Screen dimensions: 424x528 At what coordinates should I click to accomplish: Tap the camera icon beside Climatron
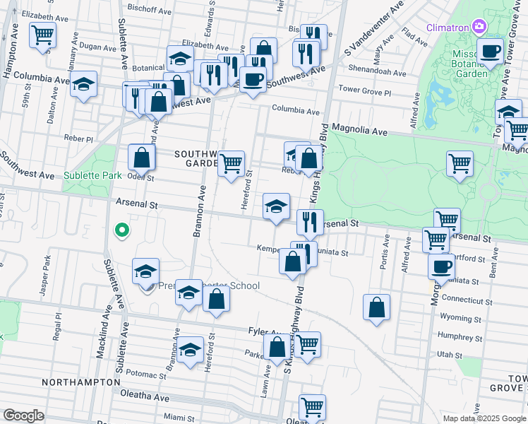click(x=479, y=27)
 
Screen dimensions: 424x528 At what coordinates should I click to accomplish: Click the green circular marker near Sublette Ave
click(x=121, y=230)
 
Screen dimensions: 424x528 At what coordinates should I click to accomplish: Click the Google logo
click(x=23, y=416)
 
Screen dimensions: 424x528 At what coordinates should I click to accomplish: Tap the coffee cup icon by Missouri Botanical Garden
click(x=490, y=51)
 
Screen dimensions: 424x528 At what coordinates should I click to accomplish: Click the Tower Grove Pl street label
click(x=365, y=91)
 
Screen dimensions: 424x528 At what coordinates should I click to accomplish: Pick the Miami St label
click(x=174, y=418)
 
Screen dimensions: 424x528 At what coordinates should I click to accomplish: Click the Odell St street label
click(x=140, y=178)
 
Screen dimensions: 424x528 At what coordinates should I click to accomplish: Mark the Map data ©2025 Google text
click(x=484, y=418)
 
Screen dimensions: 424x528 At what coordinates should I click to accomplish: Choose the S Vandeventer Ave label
click(x=373, y=30)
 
